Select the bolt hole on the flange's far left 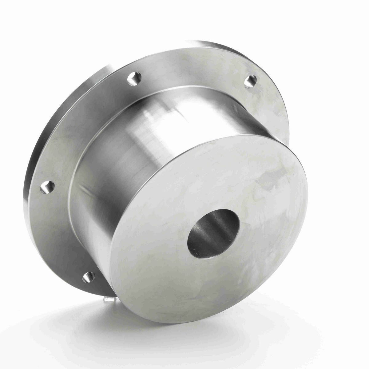47,187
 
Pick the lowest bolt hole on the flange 88,277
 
